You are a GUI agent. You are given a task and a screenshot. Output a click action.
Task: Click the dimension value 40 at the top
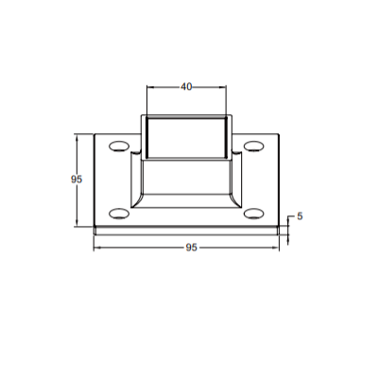click(186, 87)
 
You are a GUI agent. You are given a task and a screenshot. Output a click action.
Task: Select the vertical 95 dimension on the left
click(77, 178)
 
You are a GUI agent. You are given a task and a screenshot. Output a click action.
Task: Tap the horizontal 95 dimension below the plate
click(191, 248)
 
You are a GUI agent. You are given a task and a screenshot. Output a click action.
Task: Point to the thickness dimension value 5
click(300, 215)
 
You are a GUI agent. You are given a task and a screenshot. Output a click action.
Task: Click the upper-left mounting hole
click(118, 146)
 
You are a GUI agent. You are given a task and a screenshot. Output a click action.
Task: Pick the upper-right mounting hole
click(253, 146)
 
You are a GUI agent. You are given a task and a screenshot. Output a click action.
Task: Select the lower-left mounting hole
click(118, 212)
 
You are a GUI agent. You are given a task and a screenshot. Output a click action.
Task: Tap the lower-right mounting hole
click(253, 212)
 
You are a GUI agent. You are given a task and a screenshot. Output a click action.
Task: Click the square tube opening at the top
click(186, 136)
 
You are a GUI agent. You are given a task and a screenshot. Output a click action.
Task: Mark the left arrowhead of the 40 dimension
click(148, 87)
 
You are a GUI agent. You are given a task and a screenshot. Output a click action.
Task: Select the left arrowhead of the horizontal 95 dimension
click(95, 248)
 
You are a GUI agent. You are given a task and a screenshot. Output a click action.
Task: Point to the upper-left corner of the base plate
click(94, 133)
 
